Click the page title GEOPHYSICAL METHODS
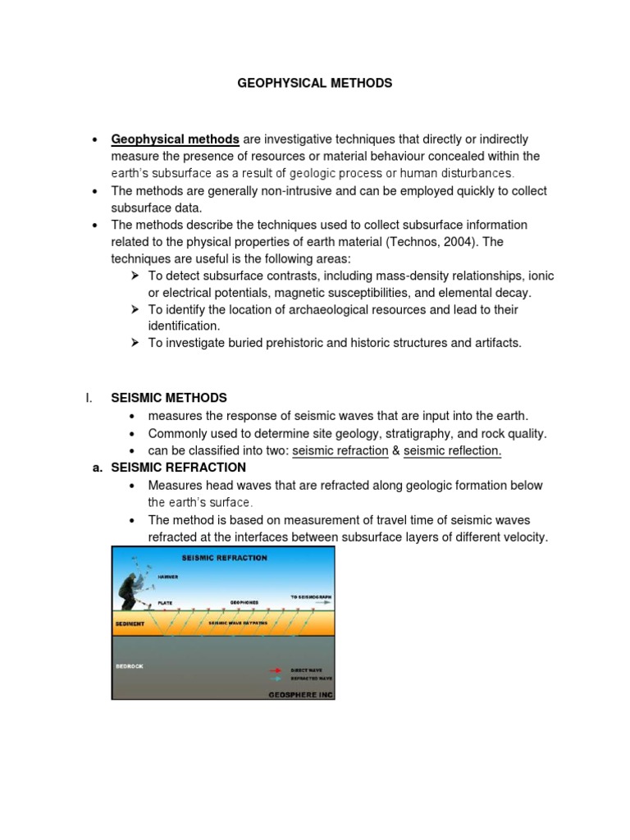[x=315, y=83]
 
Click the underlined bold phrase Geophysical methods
[x=176, y=139]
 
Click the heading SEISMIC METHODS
[x=169, y=399]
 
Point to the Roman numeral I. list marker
[x=89, y=399]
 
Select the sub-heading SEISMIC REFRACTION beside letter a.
[x=178, y=468]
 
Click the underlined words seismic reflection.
[x=452, y=450]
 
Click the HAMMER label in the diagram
[x=168, y=577]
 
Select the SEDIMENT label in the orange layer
[x=130, y=623]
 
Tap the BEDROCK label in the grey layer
[x=130, y=666]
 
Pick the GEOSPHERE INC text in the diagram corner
[x=301, y=694]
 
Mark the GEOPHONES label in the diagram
[x=244, y=602]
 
